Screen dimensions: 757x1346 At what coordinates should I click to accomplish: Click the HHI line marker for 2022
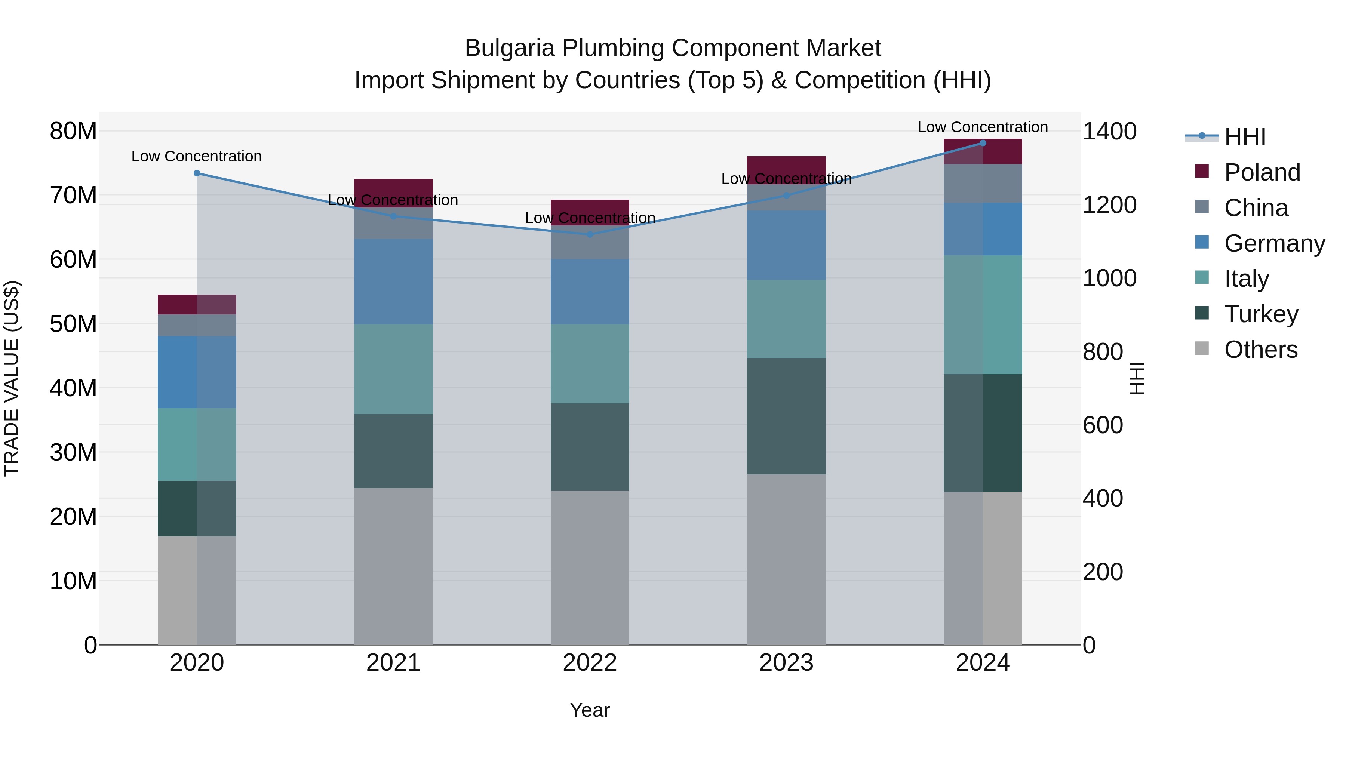pyautogui.click(x=590, y=234)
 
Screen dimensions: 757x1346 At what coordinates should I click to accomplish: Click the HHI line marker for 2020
pyautogui.click(x=197, y=173)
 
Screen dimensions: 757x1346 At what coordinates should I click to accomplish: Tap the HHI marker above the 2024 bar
pyautogui.click(x=983, y=143)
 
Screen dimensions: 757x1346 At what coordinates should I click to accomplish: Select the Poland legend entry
pyautogui.click(x=1262, y=172)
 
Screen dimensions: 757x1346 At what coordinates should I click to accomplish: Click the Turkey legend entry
pyautogui.click(x=1260, y=314)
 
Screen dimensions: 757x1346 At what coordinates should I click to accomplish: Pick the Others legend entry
pyautogui.click(x=1260, y=349)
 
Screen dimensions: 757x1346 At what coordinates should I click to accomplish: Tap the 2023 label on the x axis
pyautogui.click(x=786, y=662)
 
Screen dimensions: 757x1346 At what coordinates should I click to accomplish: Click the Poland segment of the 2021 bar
pyautogui.click(x=393, y=193)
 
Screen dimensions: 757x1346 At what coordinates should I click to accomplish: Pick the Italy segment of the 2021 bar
pyautogui.click(x=393, y=369)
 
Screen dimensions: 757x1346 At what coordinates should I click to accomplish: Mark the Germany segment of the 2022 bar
pyautogui.click(x=590, y=292)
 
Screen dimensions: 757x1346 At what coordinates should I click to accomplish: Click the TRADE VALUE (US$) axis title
pyautogui.click(x=12, y=378)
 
